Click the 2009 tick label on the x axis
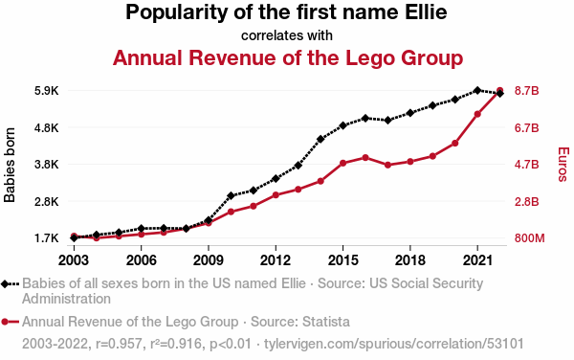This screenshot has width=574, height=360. (x=209, y=260)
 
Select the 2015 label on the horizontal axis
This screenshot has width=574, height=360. (x=342, y=260)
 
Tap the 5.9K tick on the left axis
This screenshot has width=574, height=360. (x=47, y=91)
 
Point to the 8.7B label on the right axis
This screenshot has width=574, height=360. (x=527, y=91)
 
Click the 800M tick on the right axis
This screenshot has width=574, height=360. (x=529, y=238)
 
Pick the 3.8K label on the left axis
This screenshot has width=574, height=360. (x=47, y=165)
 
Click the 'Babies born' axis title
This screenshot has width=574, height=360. (x=10, y=165)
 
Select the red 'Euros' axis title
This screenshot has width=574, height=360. (x=563, y=165)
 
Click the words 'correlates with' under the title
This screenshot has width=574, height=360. (x=287, y=35)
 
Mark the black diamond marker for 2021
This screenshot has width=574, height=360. (x=477, y=90)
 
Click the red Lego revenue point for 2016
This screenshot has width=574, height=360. (x=365, y=157)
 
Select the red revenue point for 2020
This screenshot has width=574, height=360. (x=455, y=144)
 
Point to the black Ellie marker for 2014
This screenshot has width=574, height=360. (x=320, y=139)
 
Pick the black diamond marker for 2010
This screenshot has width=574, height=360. (x=231, y=195)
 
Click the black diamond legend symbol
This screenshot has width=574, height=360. (x=5, y=283)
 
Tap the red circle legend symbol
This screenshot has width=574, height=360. (x=5, y=323)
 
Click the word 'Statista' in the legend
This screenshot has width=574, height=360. (x=326, y=322)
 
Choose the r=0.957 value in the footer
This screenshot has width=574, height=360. (x=119, y=344)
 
